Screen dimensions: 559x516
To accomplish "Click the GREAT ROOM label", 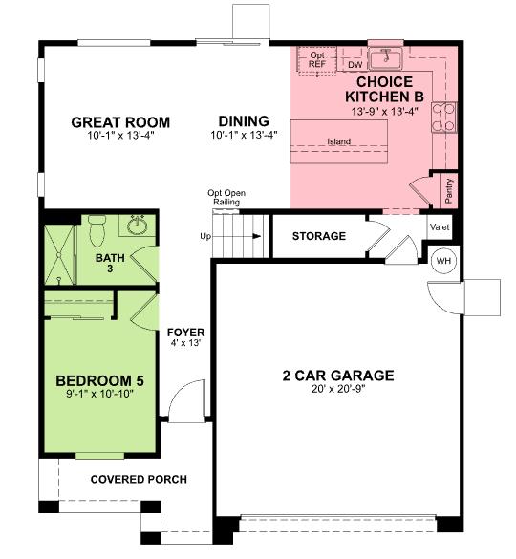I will click(121, 122).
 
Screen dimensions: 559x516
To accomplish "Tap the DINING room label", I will click(244, 121).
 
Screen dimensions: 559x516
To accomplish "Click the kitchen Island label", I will click(338, 142).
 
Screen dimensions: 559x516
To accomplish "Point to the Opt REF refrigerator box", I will click(317, 60).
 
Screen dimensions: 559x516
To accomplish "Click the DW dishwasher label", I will click(354, 65).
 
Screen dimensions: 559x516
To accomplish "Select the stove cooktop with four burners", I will click(444, 116).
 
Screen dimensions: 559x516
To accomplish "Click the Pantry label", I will click(449, 190).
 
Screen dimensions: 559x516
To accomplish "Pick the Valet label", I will click(441, 227).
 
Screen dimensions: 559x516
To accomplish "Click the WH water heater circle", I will click(444, 261).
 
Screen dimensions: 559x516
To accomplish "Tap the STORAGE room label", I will click(318, 236).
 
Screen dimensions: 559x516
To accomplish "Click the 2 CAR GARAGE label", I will click(338, 376).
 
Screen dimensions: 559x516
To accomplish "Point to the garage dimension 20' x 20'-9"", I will click(338, 390).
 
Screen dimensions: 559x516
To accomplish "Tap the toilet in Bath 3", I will click(96, 229).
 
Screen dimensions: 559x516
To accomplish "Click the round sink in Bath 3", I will click(136, 226).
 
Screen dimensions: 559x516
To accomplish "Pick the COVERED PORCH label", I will click(139, 479).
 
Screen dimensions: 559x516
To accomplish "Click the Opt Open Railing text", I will click(226, 197).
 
